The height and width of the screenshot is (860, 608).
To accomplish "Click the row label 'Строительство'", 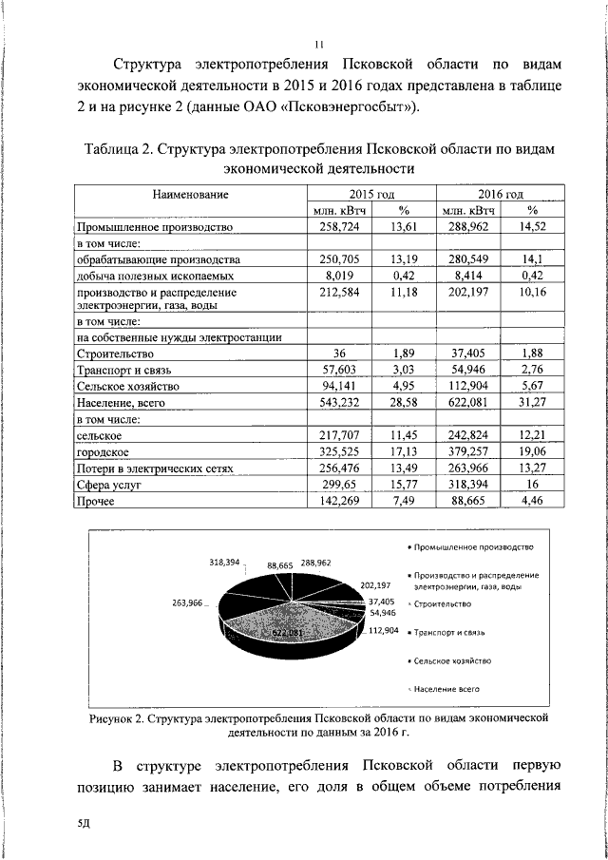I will pos(115,353).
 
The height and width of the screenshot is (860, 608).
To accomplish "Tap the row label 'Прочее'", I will pos(95,502).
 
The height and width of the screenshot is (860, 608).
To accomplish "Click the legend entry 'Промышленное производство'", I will pos(473,547).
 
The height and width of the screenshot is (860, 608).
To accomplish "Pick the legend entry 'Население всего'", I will pos(446,686).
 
